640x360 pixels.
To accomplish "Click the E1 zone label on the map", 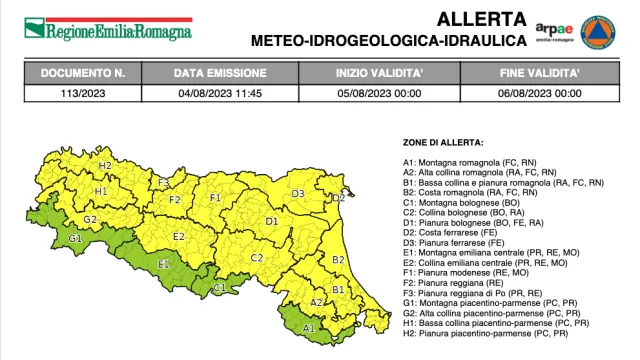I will coord(163,264).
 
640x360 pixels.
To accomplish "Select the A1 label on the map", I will coord(308,326).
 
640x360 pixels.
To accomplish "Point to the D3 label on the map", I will coord(298,193).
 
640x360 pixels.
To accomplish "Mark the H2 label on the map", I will coord(104,164).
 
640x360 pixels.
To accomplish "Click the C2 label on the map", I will coord(256,258).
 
